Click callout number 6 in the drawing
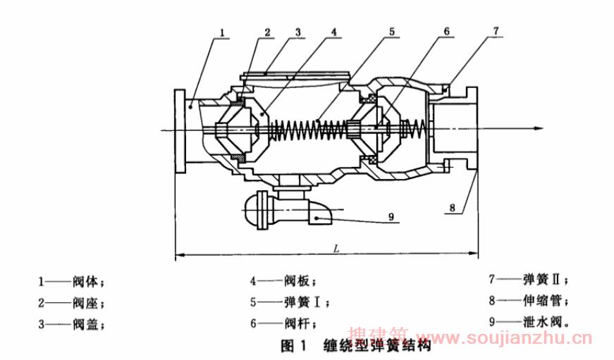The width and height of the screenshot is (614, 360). click(x=446, y=32)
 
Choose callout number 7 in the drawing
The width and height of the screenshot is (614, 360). click(x=496, y=32)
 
